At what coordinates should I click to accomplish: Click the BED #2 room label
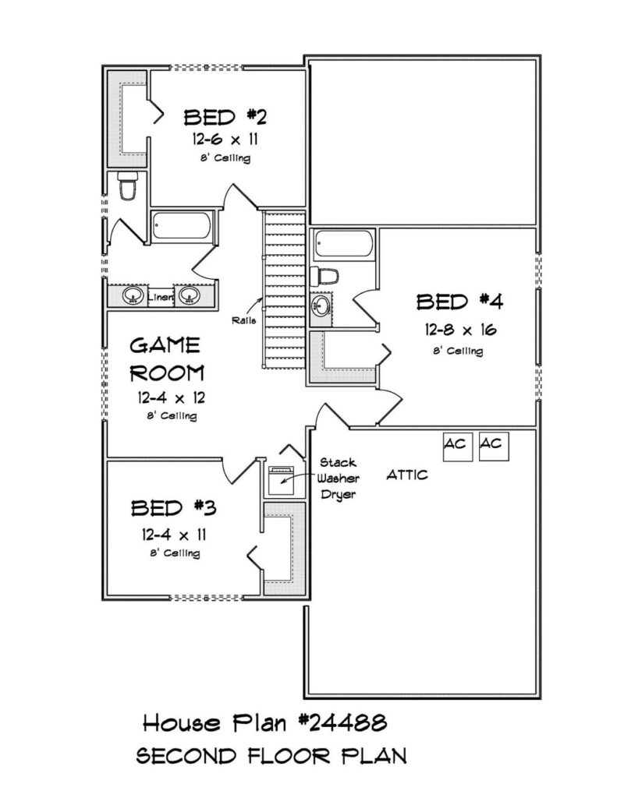point(225,117)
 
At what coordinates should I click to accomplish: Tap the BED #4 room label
point(459,302)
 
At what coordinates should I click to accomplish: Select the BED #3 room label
point(174,508)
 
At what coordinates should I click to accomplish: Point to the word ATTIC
point(407,475)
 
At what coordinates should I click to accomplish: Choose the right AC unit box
point(495,447)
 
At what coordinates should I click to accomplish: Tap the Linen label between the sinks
point(160,297)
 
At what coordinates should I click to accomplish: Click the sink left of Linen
point(133,295)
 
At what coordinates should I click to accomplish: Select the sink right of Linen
point(188,295)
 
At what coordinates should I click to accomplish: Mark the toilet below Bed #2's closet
point(127,186)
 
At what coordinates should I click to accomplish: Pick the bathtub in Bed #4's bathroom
point(343,244)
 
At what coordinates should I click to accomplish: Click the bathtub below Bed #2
point(182,226)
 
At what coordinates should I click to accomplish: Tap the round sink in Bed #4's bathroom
point(321,305)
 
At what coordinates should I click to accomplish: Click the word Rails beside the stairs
point(243,320)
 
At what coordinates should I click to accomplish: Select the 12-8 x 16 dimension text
point(460,330)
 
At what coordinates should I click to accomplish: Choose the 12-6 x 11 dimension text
point(225,139)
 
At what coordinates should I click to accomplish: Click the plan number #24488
point(342,722)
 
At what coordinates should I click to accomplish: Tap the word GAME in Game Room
point(165,345)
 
